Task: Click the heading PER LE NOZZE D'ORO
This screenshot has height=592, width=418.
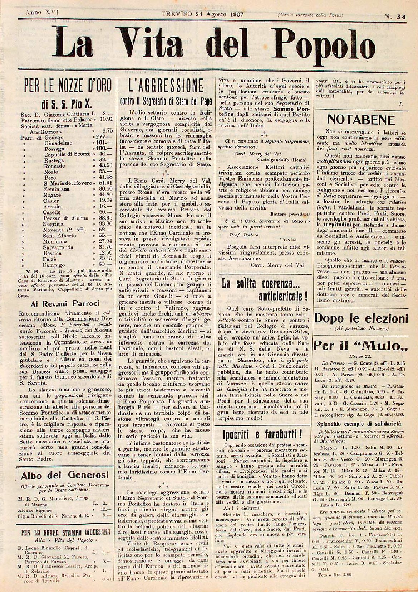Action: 67,86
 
